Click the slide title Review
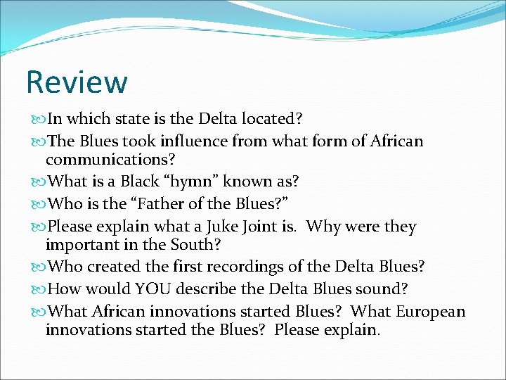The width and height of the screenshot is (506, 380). point(77,82)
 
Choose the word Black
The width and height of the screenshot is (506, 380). point(141,181)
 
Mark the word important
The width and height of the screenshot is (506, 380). point(78,246)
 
